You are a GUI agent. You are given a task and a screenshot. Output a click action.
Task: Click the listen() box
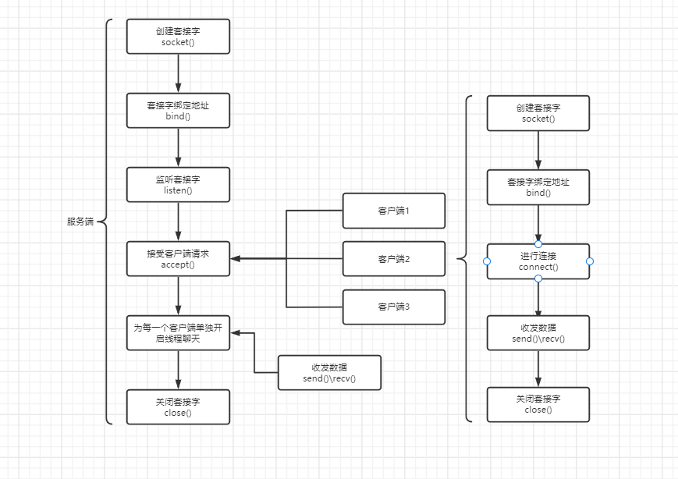(x=178, y=185)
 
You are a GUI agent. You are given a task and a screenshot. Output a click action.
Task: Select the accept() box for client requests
(x=178, y=258)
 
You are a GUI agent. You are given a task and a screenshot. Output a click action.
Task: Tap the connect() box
(x=538, y=261)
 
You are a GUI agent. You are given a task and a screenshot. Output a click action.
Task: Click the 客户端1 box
(x=394, y=211)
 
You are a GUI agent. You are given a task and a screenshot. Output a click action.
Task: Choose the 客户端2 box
(x=394, y=259)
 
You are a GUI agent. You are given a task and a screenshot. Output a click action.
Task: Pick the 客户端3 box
(x=394, y=307)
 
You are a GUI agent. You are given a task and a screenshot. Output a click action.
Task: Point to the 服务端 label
(x=80, y=222)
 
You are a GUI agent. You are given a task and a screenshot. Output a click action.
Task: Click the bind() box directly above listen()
(x=178, y=111)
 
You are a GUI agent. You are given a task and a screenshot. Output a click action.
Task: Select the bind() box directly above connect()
(x=538, y=187)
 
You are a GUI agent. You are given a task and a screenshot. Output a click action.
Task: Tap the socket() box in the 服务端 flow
(x=178, y=37)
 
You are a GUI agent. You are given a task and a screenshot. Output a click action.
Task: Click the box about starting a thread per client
(x=178, y=332)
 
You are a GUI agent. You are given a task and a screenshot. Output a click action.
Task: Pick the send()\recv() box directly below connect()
(x=538, y=332)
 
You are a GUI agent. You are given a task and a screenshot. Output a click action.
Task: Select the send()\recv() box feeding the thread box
(x=330, y=373)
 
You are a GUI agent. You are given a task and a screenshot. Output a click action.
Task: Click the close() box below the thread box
(x=178, y=406)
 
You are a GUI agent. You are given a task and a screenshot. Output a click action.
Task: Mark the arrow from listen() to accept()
(x=179, y=222)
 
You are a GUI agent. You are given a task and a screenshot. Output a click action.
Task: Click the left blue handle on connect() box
(x=487, y=261)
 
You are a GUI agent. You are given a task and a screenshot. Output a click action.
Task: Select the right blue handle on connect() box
(x=590, y=261)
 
